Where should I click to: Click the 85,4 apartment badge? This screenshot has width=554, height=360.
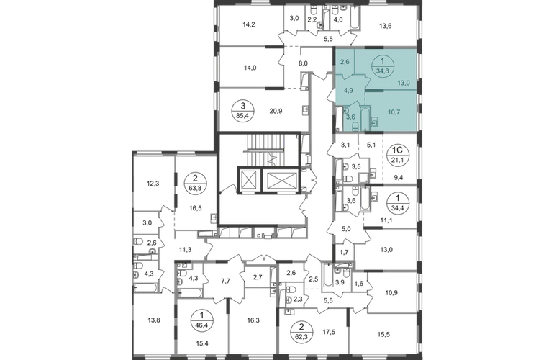tap(247, 111)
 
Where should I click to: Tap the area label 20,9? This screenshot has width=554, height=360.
tap(276, 111)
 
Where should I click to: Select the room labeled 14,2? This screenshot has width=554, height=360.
tap(249, 24)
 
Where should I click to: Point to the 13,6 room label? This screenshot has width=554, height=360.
tap(386, 26)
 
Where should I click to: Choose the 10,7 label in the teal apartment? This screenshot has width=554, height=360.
tap(394, 112)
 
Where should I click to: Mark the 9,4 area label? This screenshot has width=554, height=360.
tap(399, 178)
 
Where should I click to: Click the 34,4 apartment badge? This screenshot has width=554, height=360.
tap(398, 202)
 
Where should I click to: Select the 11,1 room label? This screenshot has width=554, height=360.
tap(386, 220)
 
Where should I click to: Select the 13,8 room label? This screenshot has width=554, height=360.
tap(154, 320)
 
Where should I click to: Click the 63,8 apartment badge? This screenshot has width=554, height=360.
tap(196, 183)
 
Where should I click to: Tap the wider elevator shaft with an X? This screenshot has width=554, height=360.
tap(281, 180)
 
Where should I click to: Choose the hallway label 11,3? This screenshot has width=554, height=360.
tap(185, 250)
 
